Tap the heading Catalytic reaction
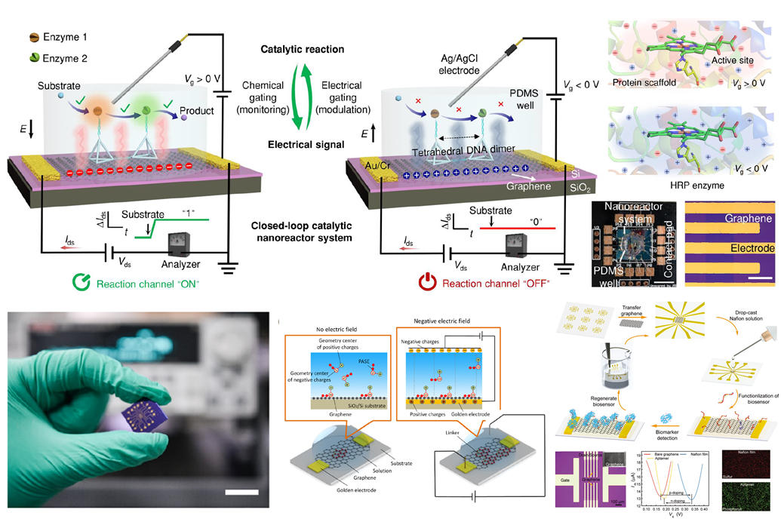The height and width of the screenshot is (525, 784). [x=303, y=50]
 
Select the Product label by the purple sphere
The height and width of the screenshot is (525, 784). [x=195, y=111]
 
